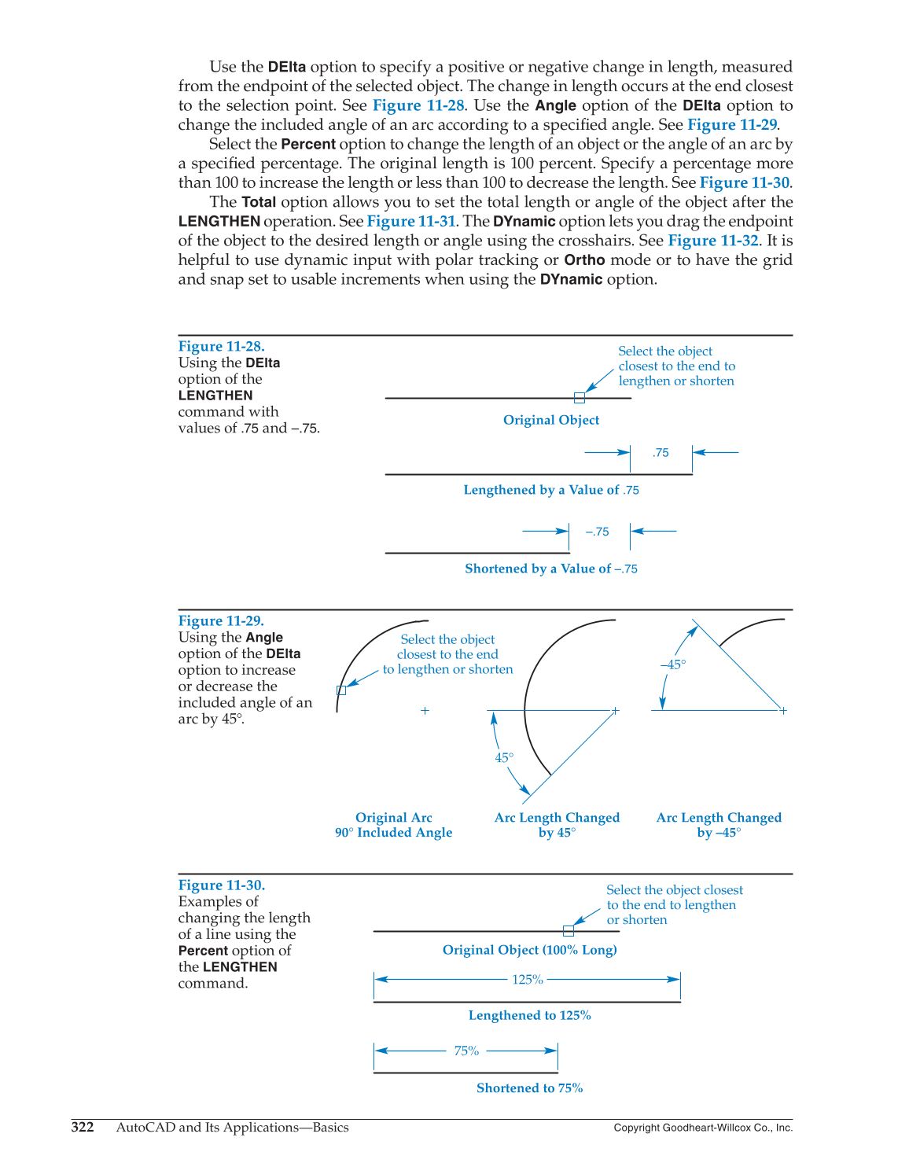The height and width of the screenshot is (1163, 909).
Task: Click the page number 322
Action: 83,1128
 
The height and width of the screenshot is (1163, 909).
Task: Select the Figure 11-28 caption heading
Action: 221,347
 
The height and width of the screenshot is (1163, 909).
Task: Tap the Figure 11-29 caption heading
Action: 221,621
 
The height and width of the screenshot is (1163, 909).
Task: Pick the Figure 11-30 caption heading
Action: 221,885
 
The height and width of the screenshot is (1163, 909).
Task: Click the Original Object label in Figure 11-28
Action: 551,420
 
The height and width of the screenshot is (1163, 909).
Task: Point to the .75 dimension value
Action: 661,453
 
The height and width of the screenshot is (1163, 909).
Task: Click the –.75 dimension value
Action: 598,532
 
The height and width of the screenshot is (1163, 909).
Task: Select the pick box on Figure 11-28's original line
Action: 580,398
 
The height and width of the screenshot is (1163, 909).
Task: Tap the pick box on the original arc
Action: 341,690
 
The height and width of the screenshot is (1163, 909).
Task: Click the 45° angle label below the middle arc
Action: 504,758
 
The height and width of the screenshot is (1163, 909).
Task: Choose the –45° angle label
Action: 673,665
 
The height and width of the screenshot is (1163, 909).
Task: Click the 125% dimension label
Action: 528,980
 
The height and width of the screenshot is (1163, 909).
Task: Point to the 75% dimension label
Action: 466,1051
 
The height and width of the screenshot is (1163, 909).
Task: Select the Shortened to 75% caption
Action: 529,1088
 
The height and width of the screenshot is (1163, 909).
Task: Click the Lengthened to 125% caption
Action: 529,1016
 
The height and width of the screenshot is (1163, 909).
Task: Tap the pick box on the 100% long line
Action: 569,931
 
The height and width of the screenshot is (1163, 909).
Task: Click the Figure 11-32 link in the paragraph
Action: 713,241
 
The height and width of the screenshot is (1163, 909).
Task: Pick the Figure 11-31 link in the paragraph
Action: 411,222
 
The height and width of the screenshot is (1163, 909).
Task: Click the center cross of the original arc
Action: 425,711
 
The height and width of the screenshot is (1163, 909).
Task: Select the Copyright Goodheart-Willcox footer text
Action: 703,1128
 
